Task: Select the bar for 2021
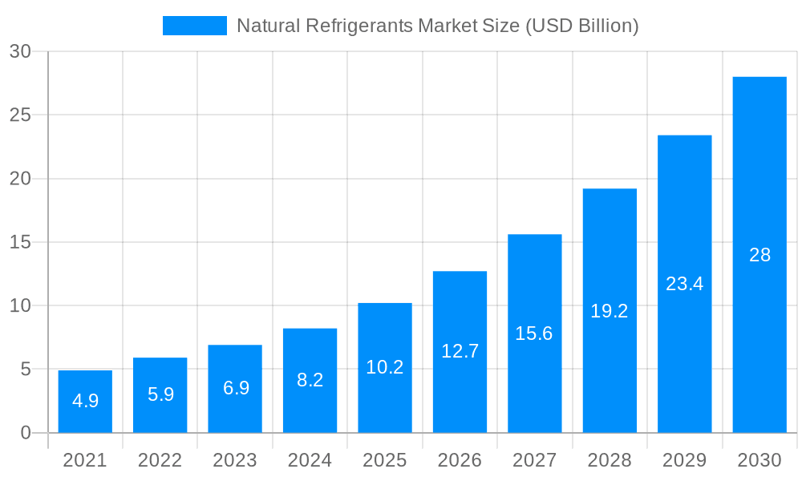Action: pos(85,402)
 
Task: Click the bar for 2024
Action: pos(310,381)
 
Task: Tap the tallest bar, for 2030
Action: pos(759,255)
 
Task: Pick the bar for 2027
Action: pos(534,333)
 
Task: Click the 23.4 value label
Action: pos(684,284)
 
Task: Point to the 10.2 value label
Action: pos(384,367)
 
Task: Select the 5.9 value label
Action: pos(160,394)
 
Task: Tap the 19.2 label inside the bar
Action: pos(610,311)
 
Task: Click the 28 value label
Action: pos(759,255)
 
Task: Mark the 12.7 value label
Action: pos(460,351)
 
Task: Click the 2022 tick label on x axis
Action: pos(160,460)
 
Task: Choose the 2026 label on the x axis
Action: pos(460,460)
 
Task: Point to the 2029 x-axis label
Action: pos(684,460)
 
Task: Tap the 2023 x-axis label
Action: pos(235,460)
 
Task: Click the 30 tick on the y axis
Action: pos(20,51)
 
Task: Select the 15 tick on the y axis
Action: pos(20,242)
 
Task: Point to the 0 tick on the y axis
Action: pos(25,433)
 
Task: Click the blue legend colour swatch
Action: pos(195,26)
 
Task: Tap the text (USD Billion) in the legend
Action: pos(581,26)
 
